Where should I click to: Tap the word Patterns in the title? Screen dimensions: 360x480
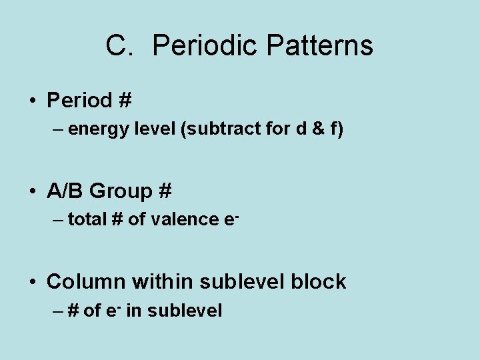coord(319,46)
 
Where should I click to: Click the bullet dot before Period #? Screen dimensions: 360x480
coord(33,101)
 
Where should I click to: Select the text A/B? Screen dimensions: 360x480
coord(65,191)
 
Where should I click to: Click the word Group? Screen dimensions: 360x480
coord(121,191)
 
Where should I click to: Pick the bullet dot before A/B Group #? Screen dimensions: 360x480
coord(33,192)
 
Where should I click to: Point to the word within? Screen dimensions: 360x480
coord(161,281)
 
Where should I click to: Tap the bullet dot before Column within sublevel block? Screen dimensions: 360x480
coord(33,282)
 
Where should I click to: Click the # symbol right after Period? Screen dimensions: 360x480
coord(124,101)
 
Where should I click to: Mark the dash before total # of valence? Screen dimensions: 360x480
coord(57,219)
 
